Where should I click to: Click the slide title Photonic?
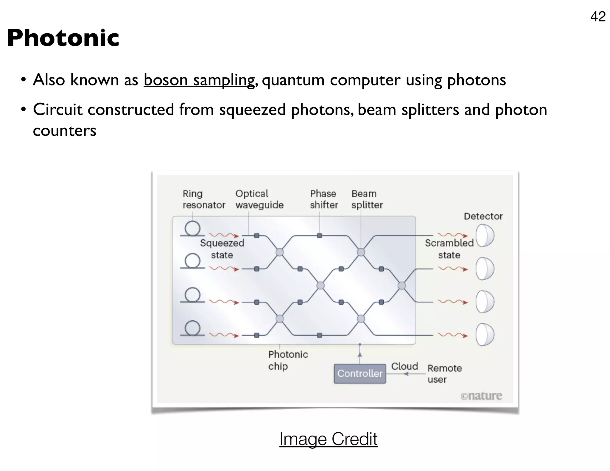coord(63,38)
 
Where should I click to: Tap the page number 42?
coord(597,16)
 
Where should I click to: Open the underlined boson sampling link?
coord(199,80)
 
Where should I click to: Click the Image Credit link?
coord(328,439)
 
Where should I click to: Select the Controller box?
coord(360,373)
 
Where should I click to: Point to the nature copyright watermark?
coord(481,396)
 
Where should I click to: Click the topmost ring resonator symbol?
coord(192,229)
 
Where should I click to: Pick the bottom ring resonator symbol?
coord(192,328)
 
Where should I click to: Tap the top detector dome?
coord(485,235)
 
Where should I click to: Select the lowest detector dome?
coord(485,335)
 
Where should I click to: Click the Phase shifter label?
coord(324,199)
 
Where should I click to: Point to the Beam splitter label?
coord(367,199)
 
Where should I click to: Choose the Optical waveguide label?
coord(259,199)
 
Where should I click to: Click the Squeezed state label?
coord(222,249)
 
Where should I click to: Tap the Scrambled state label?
coord(449,249)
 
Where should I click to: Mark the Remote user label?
coord(444,374)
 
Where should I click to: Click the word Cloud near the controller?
coord(404,366)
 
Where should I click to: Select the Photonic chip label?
coord(288,360)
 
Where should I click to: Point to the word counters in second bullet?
coord(65,130)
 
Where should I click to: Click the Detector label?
coord(483,216)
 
